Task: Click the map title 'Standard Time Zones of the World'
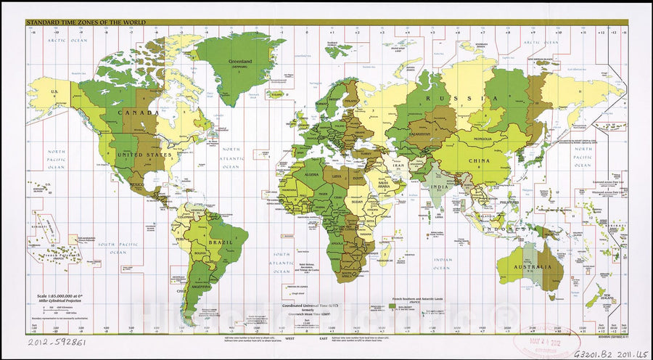click(86, 23)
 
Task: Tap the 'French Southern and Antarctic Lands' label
click(412, 298)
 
